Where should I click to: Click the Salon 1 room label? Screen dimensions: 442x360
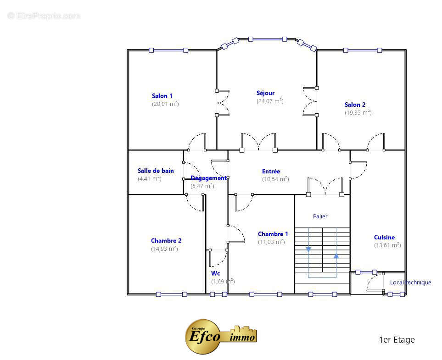click(x=162, y=96)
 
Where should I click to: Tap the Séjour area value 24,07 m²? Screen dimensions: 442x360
click(x=270, y=101)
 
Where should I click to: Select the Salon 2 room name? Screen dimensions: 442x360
click(x=355, y=105)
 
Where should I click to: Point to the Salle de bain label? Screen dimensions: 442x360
click(x=156, y=171)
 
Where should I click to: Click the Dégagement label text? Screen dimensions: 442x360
click(x=208, y=178)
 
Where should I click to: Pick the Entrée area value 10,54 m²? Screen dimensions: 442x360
click(x=275, y=179)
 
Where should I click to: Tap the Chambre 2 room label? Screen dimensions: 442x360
click(x=166, y=241)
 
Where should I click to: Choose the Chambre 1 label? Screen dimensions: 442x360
click(x=273, y=234)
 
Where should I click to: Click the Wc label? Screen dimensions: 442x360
click(x=215, y=273)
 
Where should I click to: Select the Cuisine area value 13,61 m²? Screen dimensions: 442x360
click(x=387, y=245)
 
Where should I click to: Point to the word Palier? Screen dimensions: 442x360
click(x=320, y=216)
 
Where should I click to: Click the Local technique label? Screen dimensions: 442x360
click(x=410, y=282)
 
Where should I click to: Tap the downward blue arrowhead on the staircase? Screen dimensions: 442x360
click(x=308, y=249)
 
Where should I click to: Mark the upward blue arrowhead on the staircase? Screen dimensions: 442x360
click(x=336, y=256)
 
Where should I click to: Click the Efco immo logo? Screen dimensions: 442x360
click(x=221, y=337)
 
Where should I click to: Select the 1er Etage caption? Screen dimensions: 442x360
click(x=397, y=340)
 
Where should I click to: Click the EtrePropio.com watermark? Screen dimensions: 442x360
click(x=44, y=16)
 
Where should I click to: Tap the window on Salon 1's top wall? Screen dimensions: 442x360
click(x=168, y=50)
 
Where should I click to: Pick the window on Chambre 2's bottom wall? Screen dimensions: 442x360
click(x=172, y=294)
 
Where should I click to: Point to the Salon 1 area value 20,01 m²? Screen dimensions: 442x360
click(x=165, y=104)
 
